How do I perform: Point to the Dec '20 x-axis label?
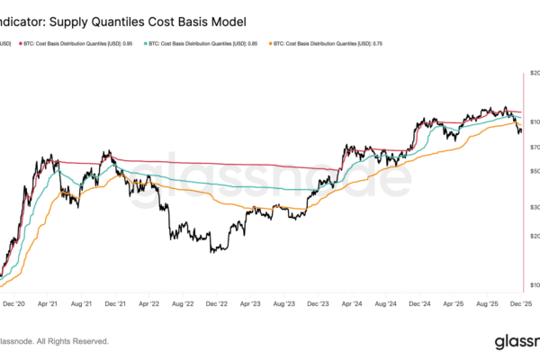pos(16,305)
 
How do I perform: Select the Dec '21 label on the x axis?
pos(113,305)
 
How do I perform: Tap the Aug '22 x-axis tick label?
pos(183,305)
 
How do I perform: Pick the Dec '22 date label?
pos(217,305)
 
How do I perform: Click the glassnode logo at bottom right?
pos(516,341)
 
